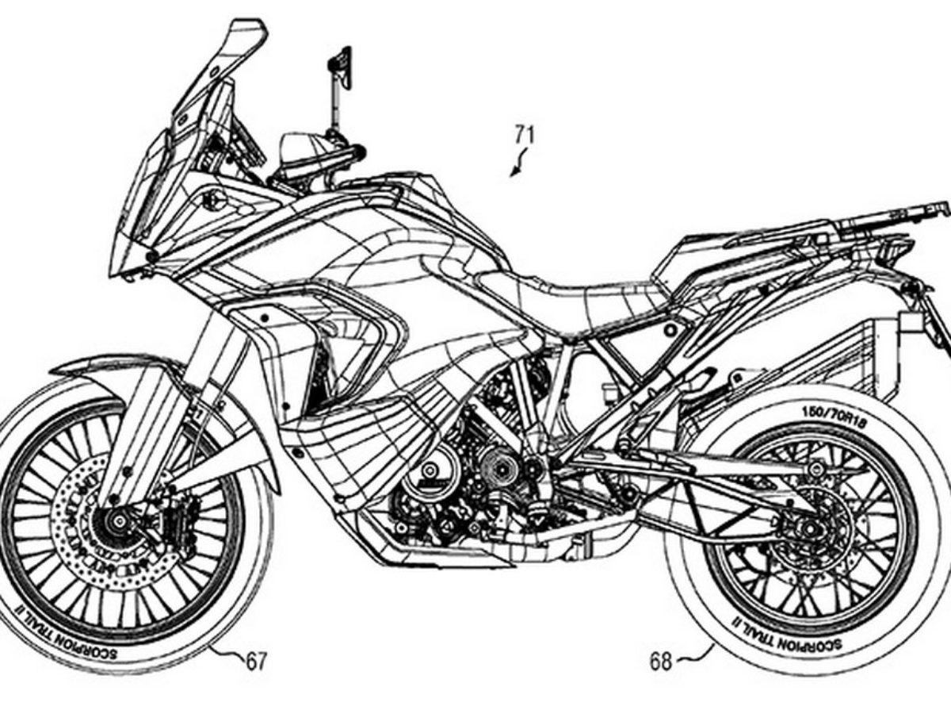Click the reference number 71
point(524,135)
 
